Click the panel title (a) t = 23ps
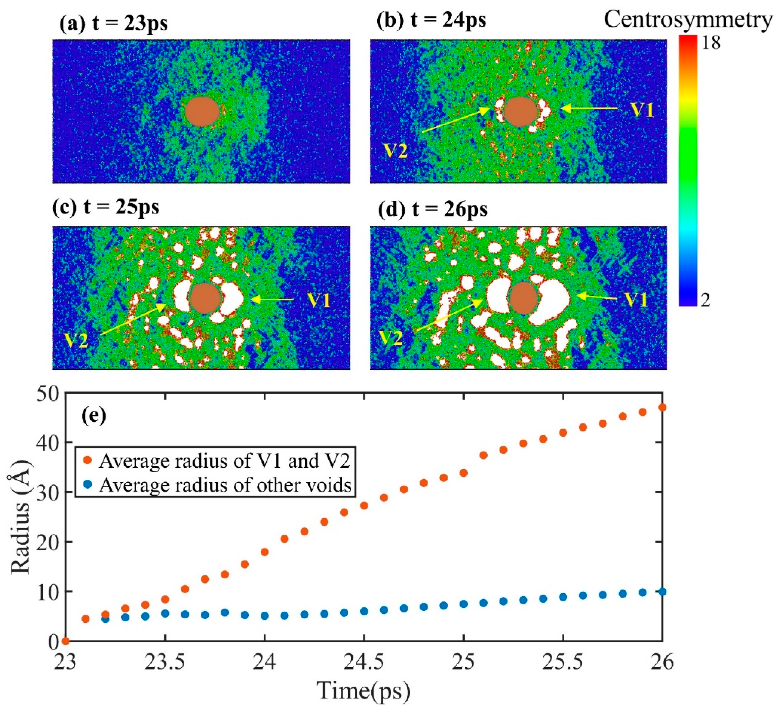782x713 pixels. click(x=113, y=24)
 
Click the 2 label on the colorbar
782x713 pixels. click(x=706, y=300)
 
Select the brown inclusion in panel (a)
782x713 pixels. click(x=202, y=111)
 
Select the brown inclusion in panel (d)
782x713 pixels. click(x=523, y=298)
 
